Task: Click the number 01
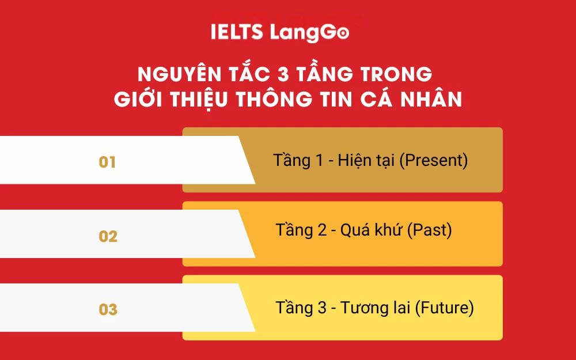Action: (107, 162)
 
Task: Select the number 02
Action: (108, 237)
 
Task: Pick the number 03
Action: (108, 310)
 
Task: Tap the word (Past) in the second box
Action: (430, 231)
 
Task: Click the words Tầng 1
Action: (298, 161)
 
